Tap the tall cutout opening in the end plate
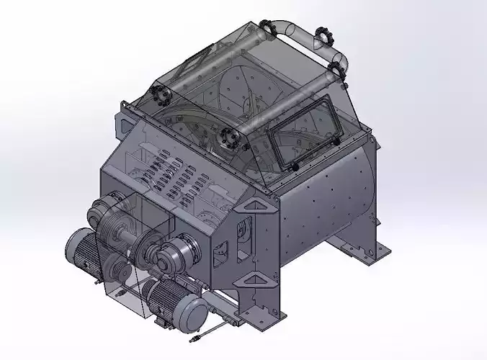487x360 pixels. coord(242,238)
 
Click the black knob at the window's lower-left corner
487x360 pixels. coord(295,166)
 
